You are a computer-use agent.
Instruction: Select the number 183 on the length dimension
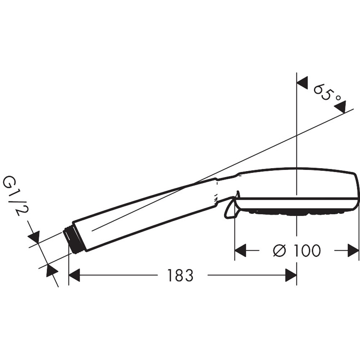[180, 276]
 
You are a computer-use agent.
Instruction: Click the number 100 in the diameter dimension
[306, 251]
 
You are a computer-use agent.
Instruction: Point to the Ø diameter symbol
[280, 251]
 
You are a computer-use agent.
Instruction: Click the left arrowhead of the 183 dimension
[74, 276]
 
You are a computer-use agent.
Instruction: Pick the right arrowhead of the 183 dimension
[291, 276]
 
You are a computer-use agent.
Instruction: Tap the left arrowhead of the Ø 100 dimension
[240, 251]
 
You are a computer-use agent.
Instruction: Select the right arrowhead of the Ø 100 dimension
[354, 251]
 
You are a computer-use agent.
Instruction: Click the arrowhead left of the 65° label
[302, 82]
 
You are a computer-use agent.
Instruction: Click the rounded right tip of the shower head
[356, 191]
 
